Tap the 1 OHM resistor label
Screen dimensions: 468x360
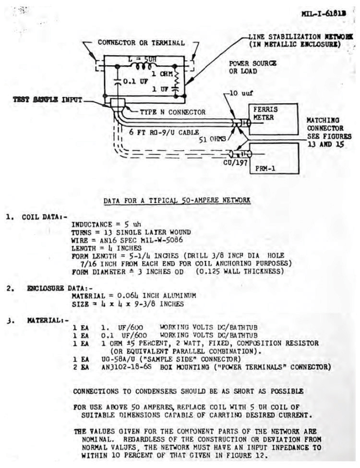(162, 74)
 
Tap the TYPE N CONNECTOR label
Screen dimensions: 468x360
(172, 112)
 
